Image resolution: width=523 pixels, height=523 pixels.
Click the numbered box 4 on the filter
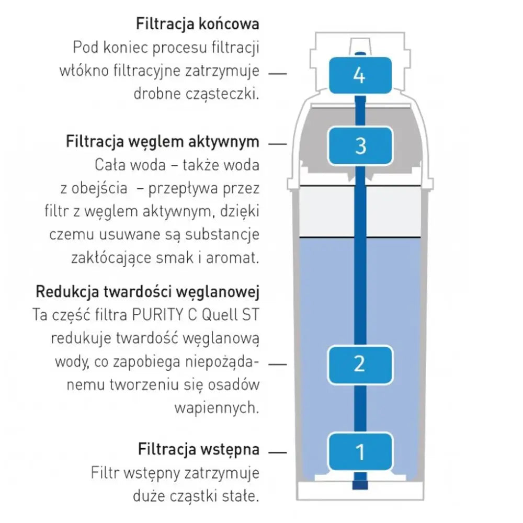coord(360,75)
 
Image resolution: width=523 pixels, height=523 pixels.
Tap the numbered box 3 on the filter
coord(360,145)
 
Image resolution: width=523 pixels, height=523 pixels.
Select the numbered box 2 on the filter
coord(360,363)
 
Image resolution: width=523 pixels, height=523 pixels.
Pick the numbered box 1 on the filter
coord(360,451)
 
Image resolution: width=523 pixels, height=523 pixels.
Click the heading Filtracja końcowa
coord(197,24)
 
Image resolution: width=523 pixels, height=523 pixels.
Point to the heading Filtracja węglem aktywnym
coord(162,142)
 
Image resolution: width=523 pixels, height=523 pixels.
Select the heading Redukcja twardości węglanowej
coord(147,291)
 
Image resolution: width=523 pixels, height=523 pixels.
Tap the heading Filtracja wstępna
coord(199,449)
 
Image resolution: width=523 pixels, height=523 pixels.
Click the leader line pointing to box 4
coord(277,74)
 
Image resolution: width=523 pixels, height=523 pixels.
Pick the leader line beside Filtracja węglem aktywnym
coord(277,143)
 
